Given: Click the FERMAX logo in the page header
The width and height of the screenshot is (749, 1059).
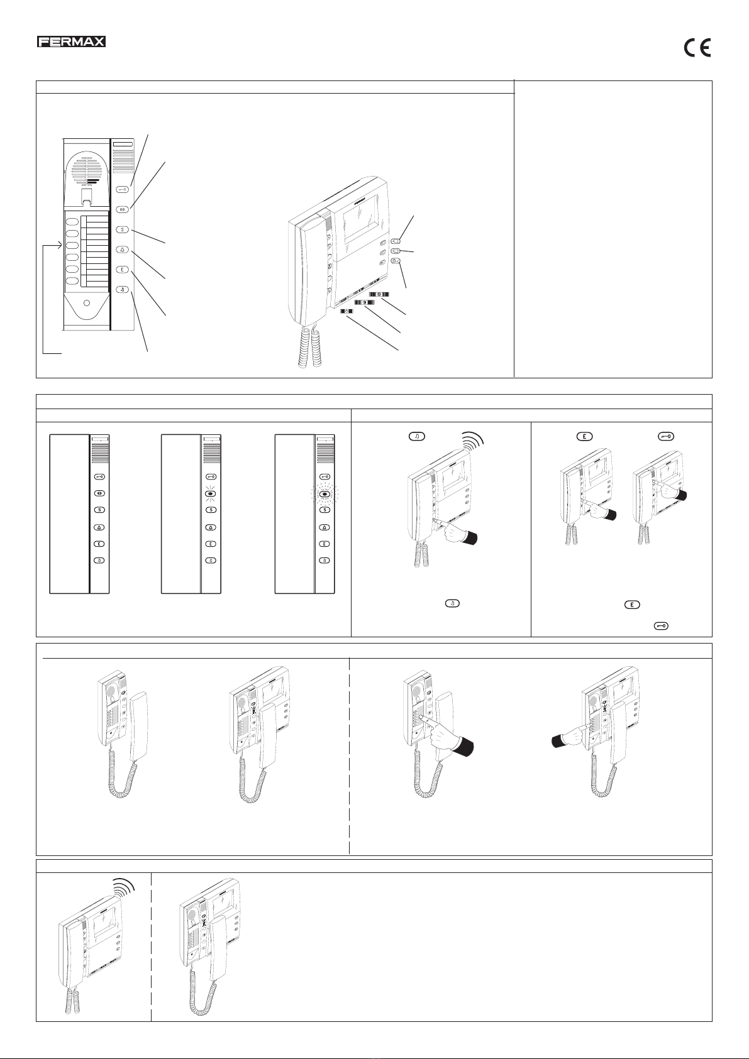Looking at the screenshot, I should pos(70,42).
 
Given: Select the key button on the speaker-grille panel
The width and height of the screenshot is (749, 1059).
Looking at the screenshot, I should pos(123,189).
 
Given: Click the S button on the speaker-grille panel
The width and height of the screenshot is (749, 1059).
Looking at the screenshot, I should pos(123,229).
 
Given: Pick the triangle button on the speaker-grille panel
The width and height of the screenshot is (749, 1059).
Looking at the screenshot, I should pos(123,250).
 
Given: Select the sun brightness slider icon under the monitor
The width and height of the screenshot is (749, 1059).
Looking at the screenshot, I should pos(379,294).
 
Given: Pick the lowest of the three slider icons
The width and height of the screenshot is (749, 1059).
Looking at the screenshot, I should pos(347,311).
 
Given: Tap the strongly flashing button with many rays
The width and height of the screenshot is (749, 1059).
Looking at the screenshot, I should pos(325,494).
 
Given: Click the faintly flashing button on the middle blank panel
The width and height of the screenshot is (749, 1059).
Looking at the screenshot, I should pos(211,494).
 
